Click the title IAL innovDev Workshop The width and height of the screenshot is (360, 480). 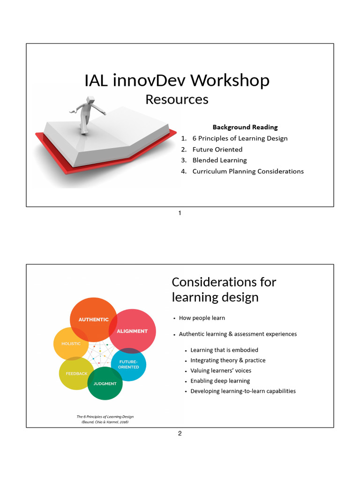pyautogui.click(x=177, y=81)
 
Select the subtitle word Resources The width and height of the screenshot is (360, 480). pyautogui.click(x=177, y=99)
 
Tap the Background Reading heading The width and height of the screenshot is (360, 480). pyautogui.click(x=245, y=127)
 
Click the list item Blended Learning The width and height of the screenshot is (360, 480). pyautogui.click(x=219, y=160)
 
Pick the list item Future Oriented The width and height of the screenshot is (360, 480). pyautogui.click(x=217, y=150)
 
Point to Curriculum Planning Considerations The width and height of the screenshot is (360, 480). pyautogui.click(x=248, y=171)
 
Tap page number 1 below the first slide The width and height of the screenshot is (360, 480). pyautogui.click(x=180, y=213)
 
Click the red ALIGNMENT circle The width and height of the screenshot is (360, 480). pyautogui.click(x=132, y=331)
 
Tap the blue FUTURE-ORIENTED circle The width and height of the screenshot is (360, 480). pyautogui.click(x=128, y=364)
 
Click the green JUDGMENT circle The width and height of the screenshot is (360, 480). pyautogui.click(x=105, y=383)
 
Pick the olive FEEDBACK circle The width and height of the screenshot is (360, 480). pyautogui.click(x=76, y=374)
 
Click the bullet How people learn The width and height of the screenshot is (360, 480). pyautogui.click(x=202, y=318)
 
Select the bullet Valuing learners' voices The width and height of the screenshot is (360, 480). pyautogui.click(x=220, y=371)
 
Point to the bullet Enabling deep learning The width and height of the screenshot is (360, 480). pyautogui.click(x=220, y=381)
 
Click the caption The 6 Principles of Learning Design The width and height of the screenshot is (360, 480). pyautogui.click(x=108, y=417)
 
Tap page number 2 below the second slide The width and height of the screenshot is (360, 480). pyautogui.click(x=180, y=434)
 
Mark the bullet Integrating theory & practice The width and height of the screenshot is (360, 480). pyautogui.click(x=228, y=360)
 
